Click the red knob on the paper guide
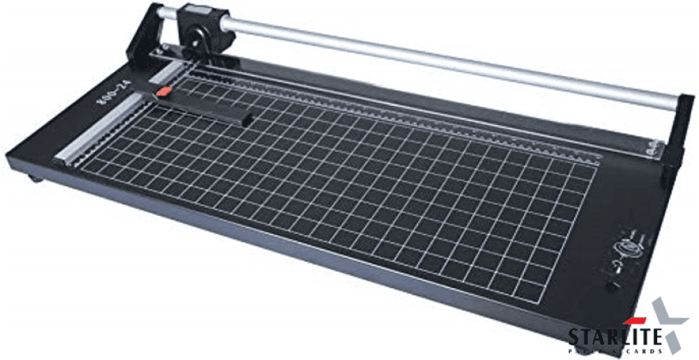tap(164, 92)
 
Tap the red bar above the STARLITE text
tap(633, 321)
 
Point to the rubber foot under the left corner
tap(34, 179)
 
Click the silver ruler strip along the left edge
tap(105, 133)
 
